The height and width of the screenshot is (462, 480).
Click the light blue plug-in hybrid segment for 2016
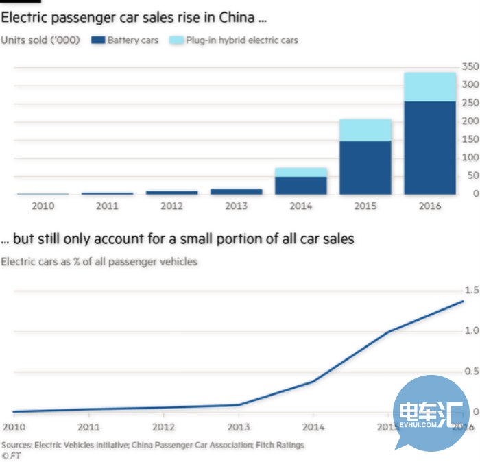(430, 87)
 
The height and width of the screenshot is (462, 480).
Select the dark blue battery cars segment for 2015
(365, 167)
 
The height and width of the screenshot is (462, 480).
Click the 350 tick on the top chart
(470, 66)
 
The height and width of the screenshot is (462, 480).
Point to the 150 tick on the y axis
(470, 139)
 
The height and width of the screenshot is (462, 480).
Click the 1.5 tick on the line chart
(470, 290)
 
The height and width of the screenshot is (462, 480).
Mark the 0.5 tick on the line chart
(470, 372)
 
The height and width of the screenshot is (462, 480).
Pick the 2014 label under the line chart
(313, 426)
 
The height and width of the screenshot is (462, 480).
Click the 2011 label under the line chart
(88, 426)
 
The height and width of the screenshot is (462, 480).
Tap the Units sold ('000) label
(40, 40)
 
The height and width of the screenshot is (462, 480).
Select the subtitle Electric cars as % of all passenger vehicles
(99, 261)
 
